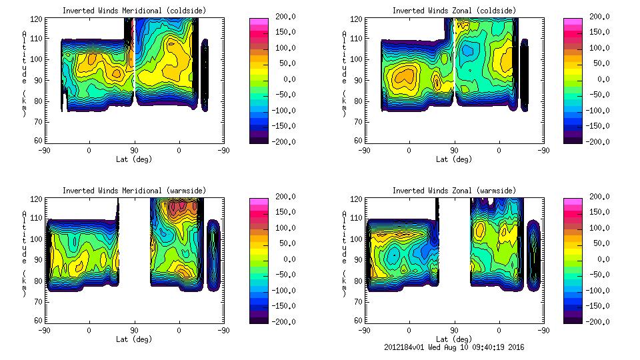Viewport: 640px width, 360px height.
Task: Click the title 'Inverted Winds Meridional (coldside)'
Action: coord(134,11)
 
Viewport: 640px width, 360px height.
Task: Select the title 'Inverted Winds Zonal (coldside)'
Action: coord(453,11)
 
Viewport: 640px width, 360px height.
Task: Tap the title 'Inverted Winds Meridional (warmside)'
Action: coord(134,191)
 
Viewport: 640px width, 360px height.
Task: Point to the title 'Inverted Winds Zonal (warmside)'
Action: coord(453,191)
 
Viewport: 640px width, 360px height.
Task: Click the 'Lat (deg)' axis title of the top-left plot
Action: coord(134,159)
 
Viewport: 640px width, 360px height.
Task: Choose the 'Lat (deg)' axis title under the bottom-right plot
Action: coord(453,339)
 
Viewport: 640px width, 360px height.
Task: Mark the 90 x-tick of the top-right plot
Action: coord(454,151)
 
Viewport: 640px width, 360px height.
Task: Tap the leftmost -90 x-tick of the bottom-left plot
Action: coord(45,331)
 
